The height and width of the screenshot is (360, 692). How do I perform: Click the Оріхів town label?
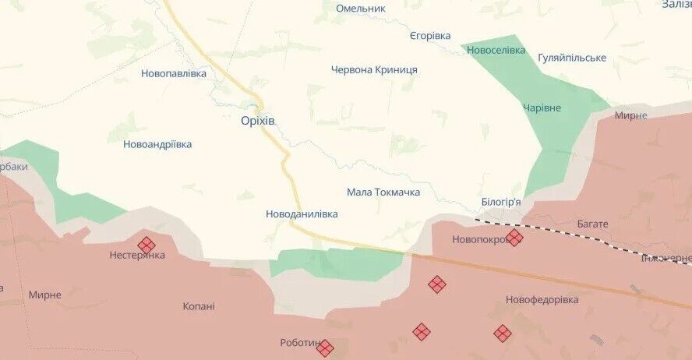258,121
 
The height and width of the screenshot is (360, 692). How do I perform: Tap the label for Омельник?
361,9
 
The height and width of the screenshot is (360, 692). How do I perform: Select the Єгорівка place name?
430,36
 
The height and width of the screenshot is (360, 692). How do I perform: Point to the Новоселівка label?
496,50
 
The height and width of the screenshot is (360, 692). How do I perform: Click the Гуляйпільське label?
572,58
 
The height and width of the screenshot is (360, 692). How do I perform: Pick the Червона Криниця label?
374,69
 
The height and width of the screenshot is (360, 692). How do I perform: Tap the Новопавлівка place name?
174,73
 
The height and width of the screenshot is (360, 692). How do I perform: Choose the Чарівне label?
542,108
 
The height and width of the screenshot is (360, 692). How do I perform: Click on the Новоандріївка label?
157,144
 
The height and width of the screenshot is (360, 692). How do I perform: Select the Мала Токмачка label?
383,192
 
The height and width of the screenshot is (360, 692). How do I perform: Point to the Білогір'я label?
502,202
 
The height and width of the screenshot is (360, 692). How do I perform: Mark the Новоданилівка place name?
302,213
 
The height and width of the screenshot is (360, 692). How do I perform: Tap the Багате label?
593,224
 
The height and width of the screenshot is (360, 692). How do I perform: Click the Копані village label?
199,306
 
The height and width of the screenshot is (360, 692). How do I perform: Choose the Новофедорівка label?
542,299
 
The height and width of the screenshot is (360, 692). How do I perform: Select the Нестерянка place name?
137,255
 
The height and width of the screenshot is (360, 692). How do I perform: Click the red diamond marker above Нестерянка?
146,245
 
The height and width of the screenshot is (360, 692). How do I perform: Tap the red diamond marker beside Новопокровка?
514,238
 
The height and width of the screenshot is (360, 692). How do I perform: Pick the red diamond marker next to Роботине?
325,348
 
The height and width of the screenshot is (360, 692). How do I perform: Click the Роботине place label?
299,343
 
